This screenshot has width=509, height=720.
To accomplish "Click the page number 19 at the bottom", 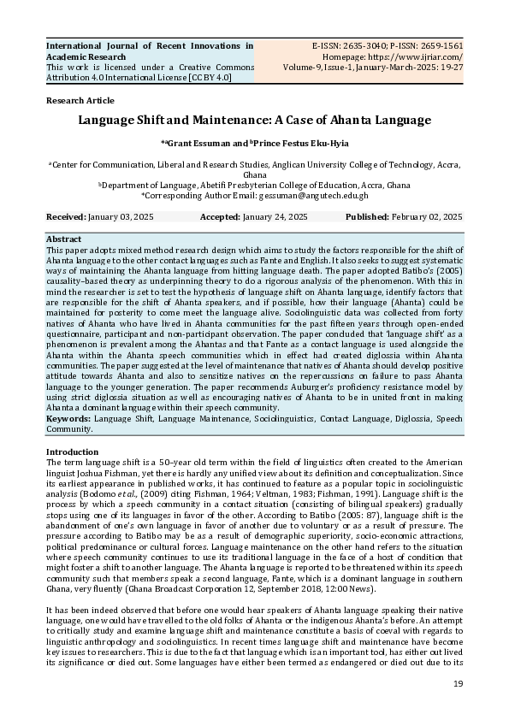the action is pyautogui.click(x=458, y=684).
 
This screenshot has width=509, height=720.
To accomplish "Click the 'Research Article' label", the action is pyautogui.click(x=78, y=100).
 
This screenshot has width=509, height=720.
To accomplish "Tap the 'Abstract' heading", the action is pyautogui.click(x=63, y=239).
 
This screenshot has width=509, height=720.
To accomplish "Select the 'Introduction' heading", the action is pyautogui.click(x=72, y=451).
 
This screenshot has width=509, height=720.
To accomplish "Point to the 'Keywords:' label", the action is pyautogui.click(x=68, y=420).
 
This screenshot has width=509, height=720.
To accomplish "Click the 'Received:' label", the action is pyautogui.click(x=66, y=218).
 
